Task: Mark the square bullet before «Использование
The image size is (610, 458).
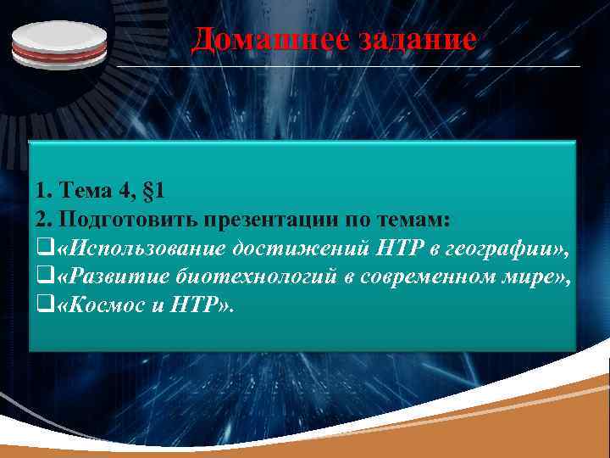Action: click(43, 249)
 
